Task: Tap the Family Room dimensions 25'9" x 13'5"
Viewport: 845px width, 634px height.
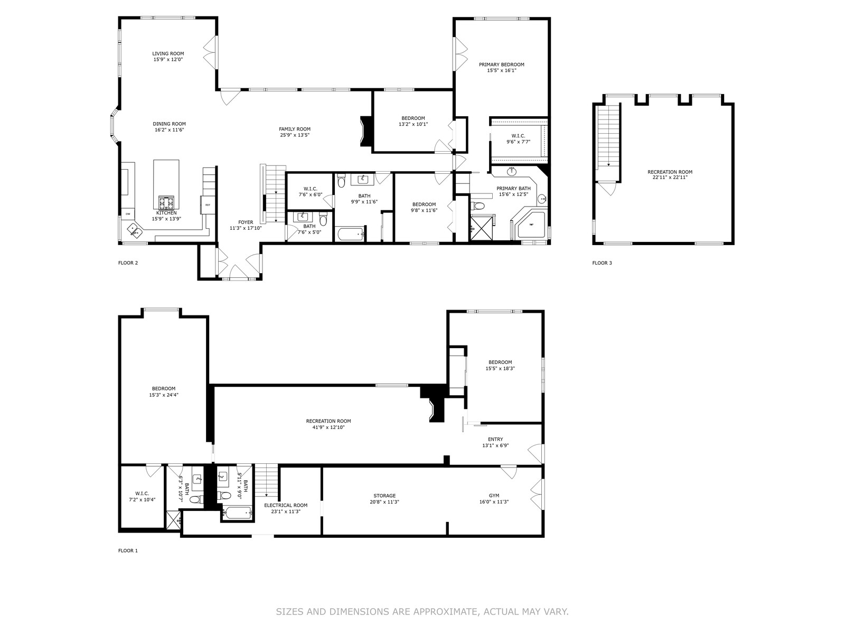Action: [295, 135]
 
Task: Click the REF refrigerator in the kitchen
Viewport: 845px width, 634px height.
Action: [208, 205]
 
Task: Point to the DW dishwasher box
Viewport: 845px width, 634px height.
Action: [128, 213]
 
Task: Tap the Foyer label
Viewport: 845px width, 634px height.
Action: [246, 222]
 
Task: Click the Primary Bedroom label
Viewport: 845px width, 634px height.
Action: [502, 64]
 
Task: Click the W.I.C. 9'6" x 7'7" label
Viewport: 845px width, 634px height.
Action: [518, 138]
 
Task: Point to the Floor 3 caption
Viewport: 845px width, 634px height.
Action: [602, 263]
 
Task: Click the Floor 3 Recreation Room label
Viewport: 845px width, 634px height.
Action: [670, 172]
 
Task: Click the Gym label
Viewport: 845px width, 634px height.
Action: [494, 496]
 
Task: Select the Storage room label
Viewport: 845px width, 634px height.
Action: [384, 496]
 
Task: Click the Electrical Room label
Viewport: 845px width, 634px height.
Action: [286, 505]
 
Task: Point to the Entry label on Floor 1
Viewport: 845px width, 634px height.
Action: [495, 439]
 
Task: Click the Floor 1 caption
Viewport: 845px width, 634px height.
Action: [128, 551]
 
